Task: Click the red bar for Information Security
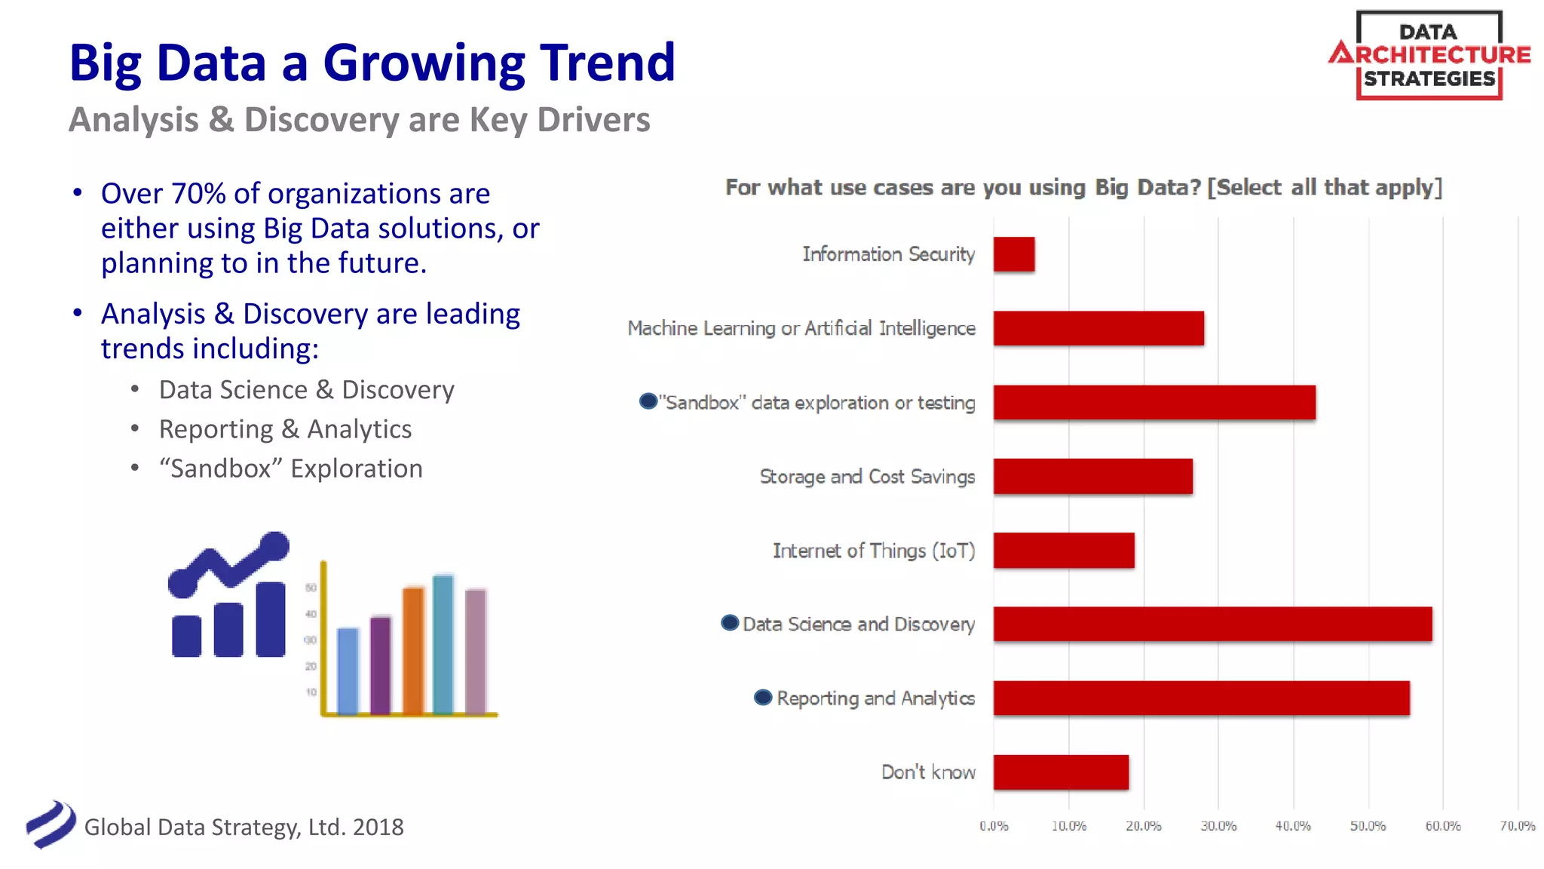[x=1013, y=254]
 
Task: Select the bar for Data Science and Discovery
[x=1212, y=624]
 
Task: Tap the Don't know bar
[x=1061, y=772]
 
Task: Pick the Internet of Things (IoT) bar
[x=1063, y=550]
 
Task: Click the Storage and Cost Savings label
[x=867, y=477]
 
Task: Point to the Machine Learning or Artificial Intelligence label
[x=801, y=328]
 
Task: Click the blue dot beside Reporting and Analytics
[x=763, y=697]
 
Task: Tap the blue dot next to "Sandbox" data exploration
[x=648, y=401]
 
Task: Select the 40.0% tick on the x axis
[x=1292, y=826]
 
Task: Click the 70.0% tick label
[x=1516, y=826]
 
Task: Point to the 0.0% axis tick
[x=994, y=826]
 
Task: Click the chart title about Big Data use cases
[x=1083, y=187]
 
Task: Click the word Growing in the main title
[x=424, y=63]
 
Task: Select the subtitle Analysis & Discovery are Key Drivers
[x=359, y=120]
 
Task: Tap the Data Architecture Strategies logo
[x=1429, y=55]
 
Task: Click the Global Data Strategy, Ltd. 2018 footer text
[x=244, y=827]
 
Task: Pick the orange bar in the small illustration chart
[x=413, y=649]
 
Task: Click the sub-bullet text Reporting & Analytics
[x=285, y=429]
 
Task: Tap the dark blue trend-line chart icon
[x=228, y=596]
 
